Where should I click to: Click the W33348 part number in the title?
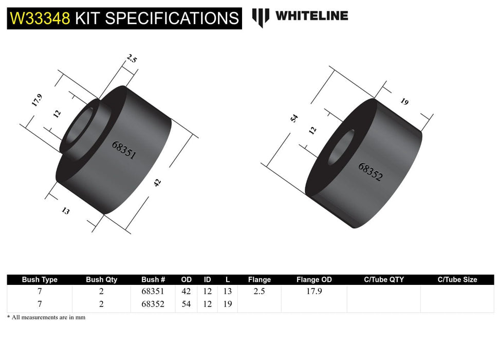pos(40,19)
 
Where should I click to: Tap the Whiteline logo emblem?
pos(261,17)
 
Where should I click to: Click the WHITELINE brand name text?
pos(311,16)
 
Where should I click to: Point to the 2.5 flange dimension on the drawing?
pos(132,59)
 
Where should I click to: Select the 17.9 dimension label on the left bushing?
pos(36,100)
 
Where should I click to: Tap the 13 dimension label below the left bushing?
pos(65,210)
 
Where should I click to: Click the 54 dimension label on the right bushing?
pos(294,119)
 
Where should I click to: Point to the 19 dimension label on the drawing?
pos(404,101)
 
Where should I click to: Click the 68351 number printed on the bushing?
pos(124,150)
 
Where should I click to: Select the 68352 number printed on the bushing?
pos(370,172)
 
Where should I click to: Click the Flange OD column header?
pos(314,280)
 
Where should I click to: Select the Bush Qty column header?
pos(101,280)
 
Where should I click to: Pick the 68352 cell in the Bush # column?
pos(153,304)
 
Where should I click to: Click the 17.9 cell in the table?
pos(314,291)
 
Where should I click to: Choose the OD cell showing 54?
pos(186,304)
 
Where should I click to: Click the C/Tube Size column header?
pos(457,280)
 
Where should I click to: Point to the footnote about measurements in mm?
pos(46,317)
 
